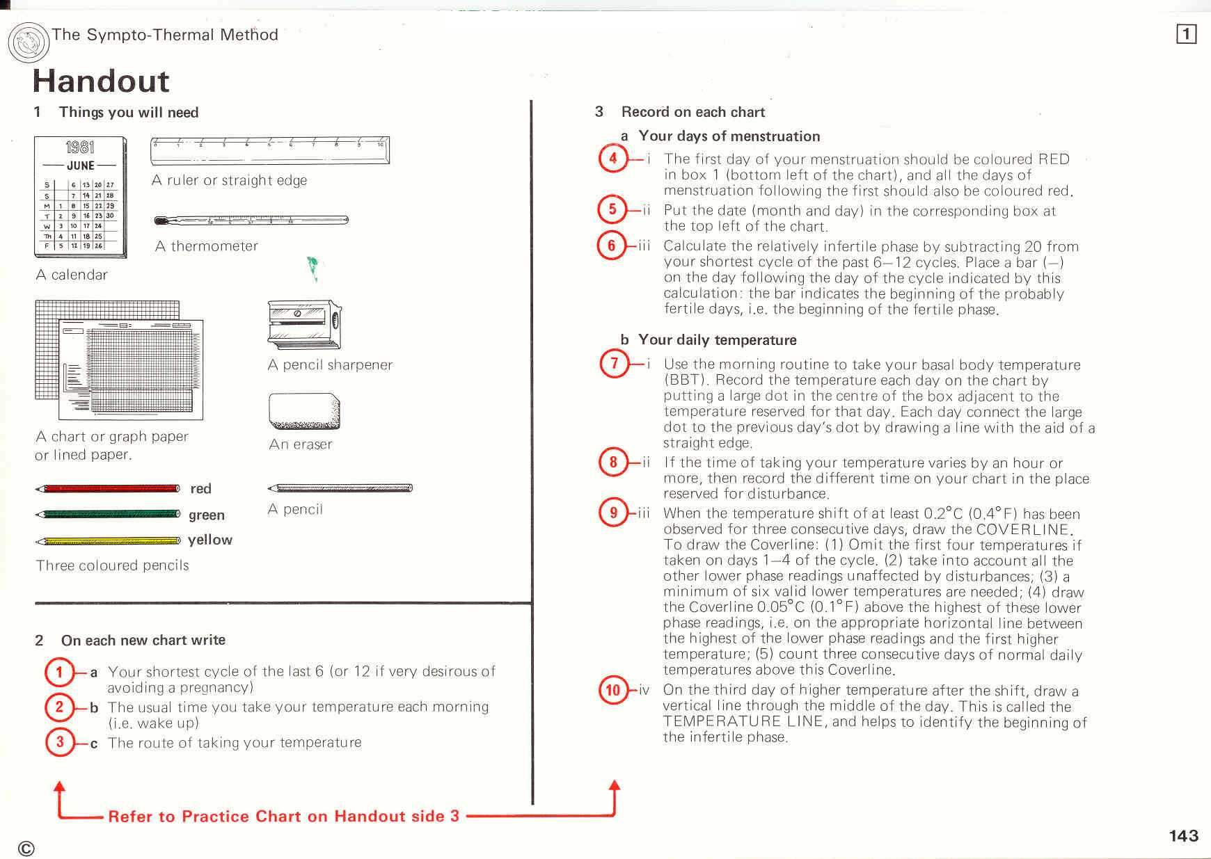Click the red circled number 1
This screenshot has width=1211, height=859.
[x=59, y=672]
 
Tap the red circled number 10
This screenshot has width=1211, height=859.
[x=613, y=690]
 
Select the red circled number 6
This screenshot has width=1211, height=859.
[x=612, y=246]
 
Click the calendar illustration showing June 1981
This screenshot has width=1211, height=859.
[x=81, y=198]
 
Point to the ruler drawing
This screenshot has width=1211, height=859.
[x=270, y=150]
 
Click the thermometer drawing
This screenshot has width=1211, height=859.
[x=251, y=220]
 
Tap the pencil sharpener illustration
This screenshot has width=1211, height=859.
[x=304, y=325]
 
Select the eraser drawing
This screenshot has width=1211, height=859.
[x=303, y=411]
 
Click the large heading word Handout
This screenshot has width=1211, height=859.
[x=101, y=81]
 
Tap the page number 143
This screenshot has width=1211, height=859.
[x=1183, y=835]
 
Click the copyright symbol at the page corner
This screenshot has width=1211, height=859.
[x=26, y=848]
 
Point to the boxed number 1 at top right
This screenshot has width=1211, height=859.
[x=1186, y=34]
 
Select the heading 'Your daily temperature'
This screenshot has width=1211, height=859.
[x=717, y=340]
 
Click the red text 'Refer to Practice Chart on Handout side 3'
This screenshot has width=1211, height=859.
[x=284, y=816]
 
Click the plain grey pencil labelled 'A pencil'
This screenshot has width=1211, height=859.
[x=340, y=488]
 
